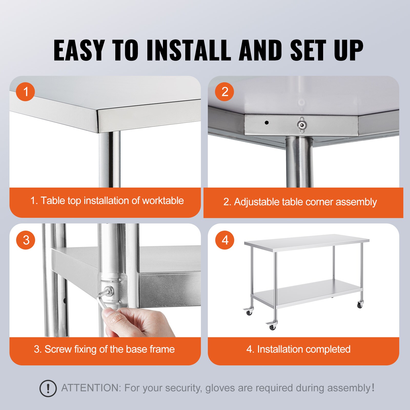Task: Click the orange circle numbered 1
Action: click(25, 92)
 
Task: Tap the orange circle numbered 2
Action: click(224, 92)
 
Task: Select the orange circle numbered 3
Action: click(26, 240)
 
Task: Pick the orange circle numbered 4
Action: click(225, 240)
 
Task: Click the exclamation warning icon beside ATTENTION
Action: click(48, 388)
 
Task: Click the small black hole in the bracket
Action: click(266, 122)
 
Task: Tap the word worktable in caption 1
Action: click(163, 201)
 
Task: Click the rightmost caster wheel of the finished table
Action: click(360, 305)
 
